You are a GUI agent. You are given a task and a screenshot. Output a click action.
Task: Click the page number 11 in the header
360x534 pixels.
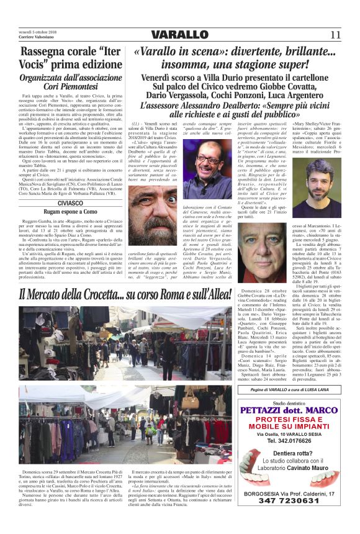pos(336,34)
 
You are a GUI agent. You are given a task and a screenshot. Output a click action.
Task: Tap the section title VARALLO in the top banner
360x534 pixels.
pos(179,35)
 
